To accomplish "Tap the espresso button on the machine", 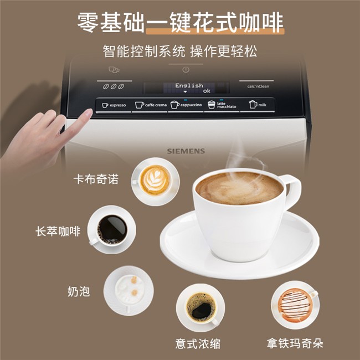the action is (114, 105).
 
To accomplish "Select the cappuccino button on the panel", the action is (186, 105).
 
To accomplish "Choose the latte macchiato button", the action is (222, 105).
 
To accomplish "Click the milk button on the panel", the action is (258, 105).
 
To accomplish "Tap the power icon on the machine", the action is (186, 70).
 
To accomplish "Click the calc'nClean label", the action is (258, 86).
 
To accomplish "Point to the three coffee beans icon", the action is (114, 86).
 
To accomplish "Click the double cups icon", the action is (114, 69).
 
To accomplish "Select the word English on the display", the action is (189, 86).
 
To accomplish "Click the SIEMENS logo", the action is (186, 151).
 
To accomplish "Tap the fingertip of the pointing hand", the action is (89, 111).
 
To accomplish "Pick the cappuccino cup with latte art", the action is (156, 181).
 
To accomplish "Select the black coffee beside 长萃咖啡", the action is (111, 230).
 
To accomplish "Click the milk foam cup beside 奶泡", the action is (128, 291).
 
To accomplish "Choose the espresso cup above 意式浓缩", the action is (200, 307).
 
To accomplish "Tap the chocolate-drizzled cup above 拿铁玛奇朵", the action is (295, 305).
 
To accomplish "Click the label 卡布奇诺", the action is (96, 179).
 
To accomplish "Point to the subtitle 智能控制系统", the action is (144, 51).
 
